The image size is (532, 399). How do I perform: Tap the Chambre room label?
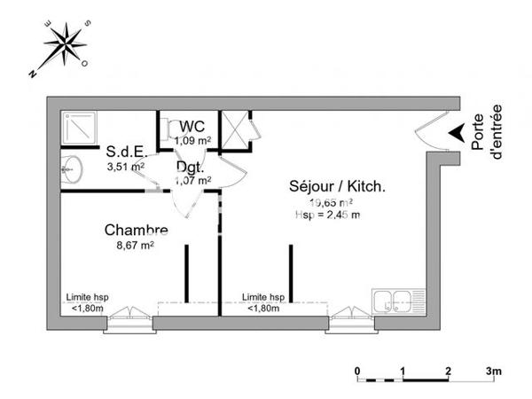point(136,231)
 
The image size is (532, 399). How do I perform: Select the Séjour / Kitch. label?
point(336,186)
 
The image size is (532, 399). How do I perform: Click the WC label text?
point(192,126)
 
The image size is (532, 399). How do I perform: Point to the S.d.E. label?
point(125,151)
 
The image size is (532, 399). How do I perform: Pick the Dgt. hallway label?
point(190,167)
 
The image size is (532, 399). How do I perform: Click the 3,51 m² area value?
point(125,165)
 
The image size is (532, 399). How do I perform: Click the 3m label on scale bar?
point(494,371)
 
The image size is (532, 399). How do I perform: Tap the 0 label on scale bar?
point(357,371)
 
